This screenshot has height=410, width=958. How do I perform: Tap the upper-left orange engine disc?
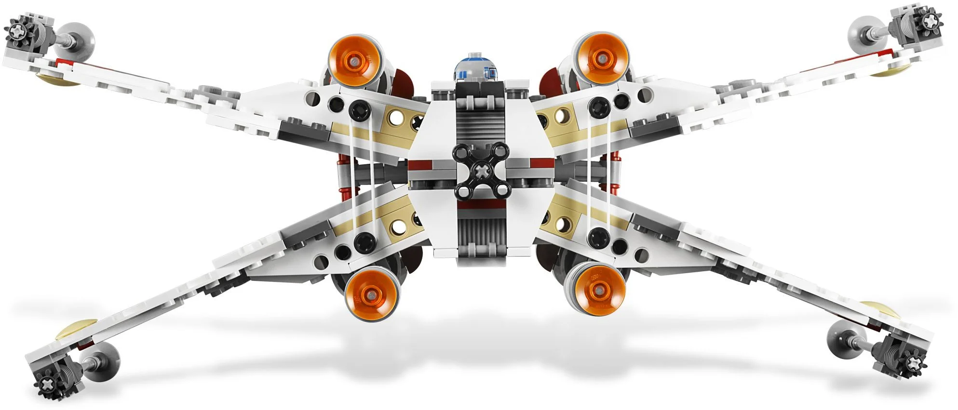355,61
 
